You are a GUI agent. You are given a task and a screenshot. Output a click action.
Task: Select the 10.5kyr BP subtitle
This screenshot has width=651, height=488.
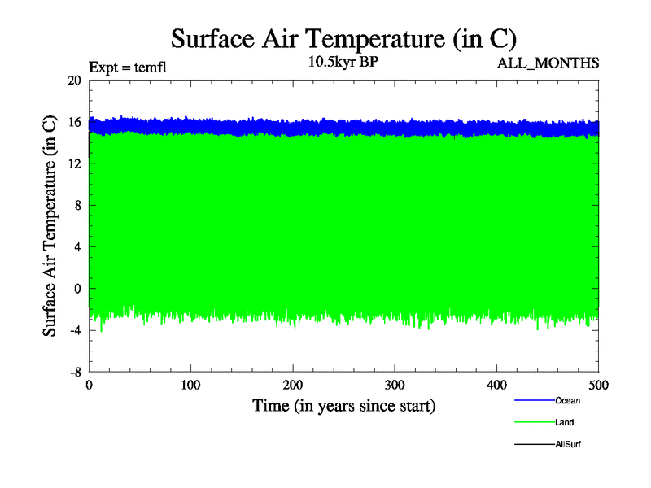(343, 62)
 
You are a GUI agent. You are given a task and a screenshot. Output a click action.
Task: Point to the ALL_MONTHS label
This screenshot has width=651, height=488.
(548, 63)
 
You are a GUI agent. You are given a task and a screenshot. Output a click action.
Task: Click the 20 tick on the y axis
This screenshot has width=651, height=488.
(74, 81)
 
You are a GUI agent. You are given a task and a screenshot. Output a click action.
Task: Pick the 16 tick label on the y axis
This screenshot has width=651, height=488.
(74, 122)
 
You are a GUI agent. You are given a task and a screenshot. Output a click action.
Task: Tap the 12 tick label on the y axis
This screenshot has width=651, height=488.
(74, 163)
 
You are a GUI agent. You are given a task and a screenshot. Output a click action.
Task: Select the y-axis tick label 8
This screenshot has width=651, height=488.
(77, 205)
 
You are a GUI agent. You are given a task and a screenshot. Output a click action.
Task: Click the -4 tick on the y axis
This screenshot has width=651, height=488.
(72, 329)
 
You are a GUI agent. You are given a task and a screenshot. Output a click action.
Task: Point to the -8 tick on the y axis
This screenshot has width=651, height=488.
(72, 371)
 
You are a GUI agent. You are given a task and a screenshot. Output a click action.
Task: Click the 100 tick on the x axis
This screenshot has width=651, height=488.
(190, 385)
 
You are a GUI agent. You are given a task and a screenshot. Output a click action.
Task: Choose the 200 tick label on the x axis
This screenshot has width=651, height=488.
(293, 385)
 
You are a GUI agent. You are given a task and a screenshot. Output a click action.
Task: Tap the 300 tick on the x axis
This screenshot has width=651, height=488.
(395, 385)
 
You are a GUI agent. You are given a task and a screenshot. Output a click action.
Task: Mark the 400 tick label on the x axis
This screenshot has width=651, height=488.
(496, 385)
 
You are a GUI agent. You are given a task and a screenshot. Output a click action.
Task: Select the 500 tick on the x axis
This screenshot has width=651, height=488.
(598, 385)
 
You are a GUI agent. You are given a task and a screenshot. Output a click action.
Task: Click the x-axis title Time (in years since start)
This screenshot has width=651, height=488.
(343, 405)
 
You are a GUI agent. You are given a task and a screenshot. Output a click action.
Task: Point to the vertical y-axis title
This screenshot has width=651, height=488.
(50, 226)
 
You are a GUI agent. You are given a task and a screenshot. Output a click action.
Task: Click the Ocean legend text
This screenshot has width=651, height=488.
(568, 400)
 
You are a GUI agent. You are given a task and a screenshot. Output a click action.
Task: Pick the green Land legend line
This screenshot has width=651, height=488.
(534, 422)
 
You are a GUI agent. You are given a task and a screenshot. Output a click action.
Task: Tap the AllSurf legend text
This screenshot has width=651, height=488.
(568, 444)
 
